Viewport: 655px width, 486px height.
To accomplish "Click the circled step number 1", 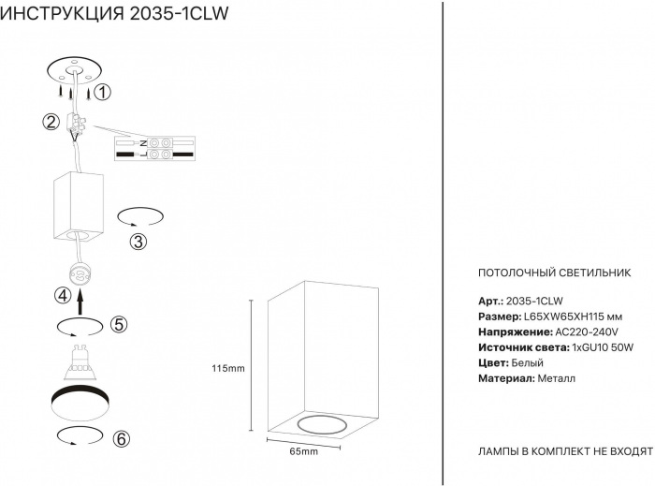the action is (x=102, y=92).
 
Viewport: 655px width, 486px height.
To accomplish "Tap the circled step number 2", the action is (x=51, y=122).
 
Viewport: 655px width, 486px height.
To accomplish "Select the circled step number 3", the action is (x=138, y=242).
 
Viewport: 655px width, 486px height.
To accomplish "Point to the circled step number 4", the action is (x=63, y=296).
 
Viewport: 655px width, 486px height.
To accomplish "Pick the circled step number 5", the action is (x=119, y=324).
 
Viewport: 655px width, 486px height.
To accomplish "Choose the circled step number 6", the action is (x=122, y=439).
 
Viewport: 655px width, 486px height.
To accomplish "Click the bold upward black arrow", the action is (x=81, y=302).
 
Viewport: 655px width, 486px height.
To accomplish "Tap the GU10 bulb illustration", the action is (x=80, y=361).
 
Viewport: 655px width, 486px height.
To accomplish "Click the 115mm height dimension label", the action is (x=228, y=369).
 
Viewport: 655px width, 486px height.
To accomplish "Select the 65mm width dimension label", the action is (x=304, y=451).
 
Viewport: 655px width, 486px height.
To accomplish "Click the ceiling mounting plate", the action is (x=75, y=70).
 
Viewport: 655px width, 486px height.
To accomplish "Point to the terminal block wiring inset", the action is (x=155, y=149).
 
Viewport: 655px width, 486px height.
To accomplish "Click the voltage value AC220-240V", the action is (x=587, y=332).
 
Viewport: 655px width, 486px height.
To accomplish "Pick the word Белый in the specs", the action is (x=527, y=363).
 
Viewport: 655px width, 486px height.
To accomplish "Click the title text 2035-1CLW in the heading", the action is (x=180, y=13).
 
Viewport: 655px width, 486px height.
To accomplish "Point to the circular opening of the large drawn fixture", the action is (x=322, y=424).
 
